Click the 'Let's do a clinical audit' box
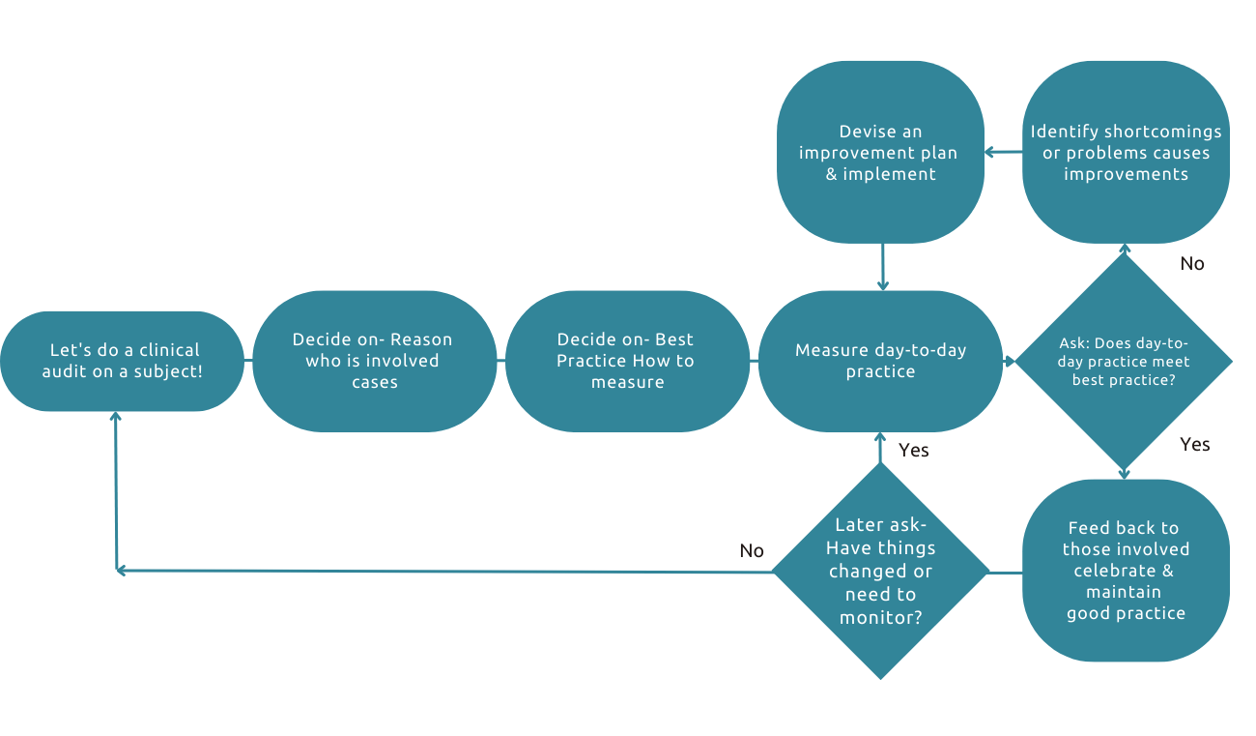click(122, 361)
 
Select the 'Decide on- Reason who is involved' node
click(373, 361)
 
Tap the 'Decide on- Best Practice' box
click(626, 361)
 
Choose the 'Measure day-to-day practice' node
click(880, 361)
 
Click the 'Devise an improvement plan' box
click(880, 152)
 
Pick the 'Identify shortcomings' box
click(1126, 152)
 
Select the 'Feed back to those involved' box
click(1126, 571)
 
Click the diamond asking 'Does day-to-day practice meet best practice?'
click(1124, 361)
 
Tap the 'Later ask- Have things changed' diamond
click(880, 572)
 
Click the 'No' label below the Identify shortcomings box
click(1192, 263)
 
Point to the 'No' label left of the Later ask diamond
click(752, 550)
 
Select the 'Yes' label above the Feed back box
click(1195, 444)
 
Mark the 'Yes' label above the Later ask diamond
click(914, 450)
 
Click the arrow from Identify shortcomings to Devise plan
click(1003, 152)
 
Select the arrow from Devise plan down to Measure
click(882, 266)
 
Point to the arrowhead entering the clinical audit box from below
click(116, 417)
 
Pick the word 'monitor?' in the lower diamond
click(880, 617)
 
